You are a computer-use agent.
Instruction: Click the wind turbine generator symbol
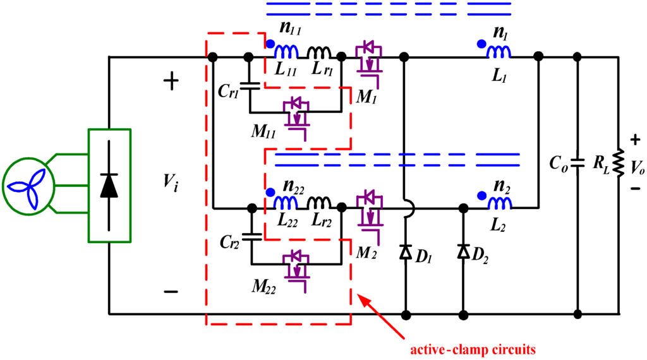[x=30, y=186]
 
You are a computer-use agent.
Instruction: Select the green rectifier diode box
[x=109, y=186]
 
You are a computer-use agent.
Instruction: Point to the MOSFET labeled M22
[x=295, y=267]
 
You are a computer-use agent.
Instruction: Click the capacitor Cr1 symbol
[x=251, y=85]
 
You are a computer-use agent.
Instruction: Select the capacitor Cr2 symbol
[x=251, y=237]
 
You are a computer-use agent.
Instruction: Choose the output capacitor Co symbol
[x=576, y=162]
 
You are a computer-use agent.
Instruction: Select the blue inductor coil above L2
[x=499, y=201]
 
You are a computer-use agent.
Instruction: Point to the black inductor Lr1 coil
[x=320, y=52]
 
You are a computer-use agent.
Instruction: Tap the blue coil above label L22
[x=286, y=201]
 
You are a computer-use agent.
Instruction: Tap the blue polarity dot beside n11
[x=270, y=44]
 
